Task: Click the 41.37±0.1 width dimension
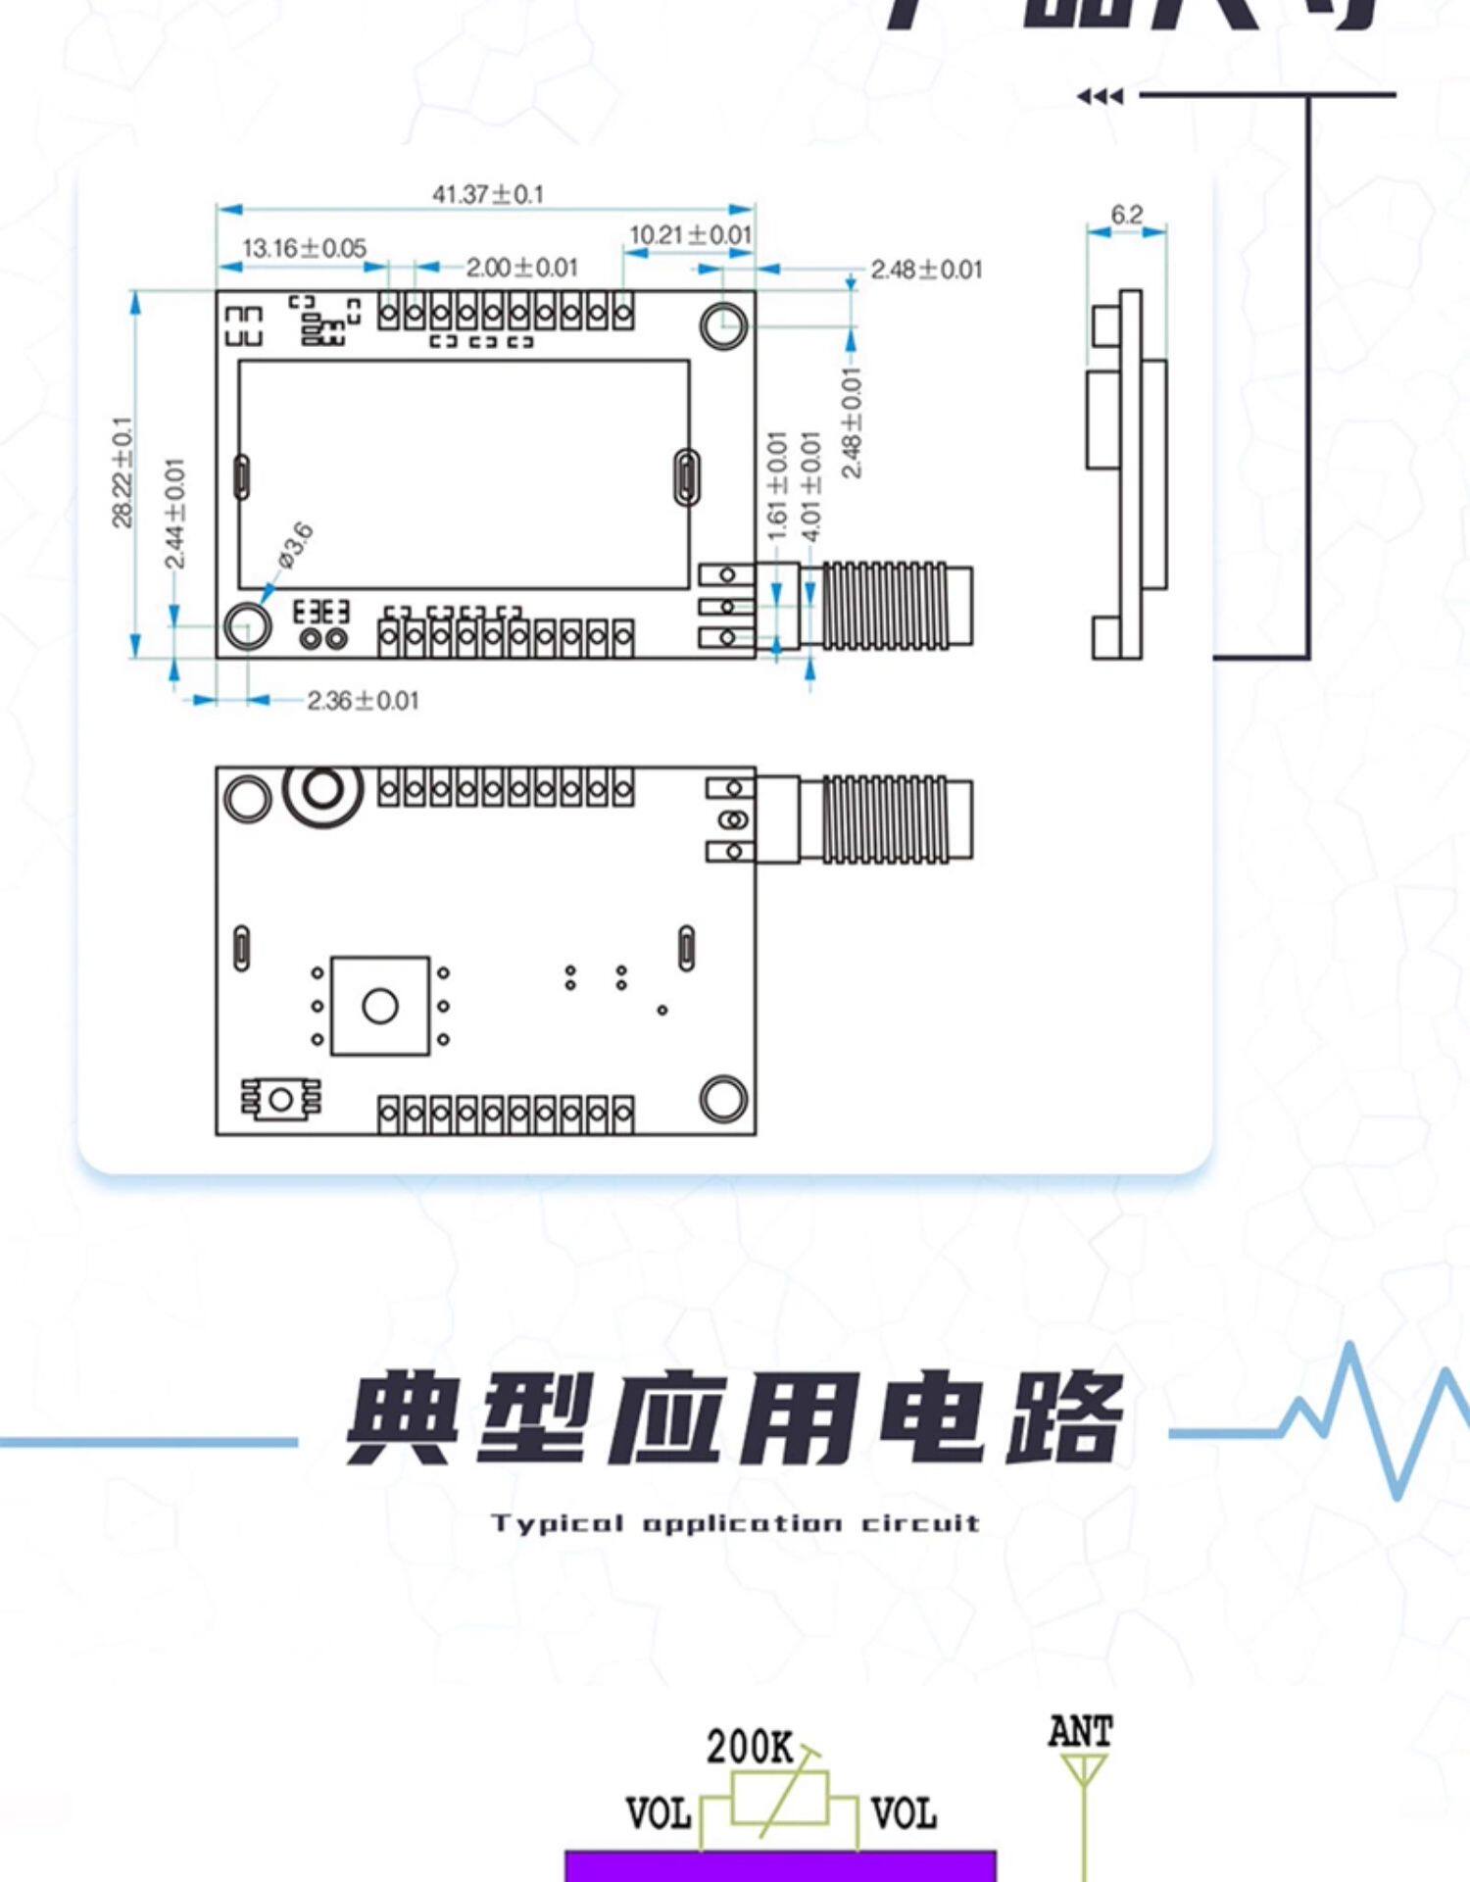(x=487, y=194)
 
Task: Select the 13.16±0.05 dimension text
(x=304, y=248)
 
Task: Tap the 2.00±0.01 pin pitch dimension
(x=521, y=268)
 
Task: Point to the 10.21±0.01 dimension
(x=690, y=235)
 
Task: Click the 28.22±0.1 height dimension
(x=122, y=472)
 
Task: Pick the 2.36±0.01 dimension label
(x=363, y=701)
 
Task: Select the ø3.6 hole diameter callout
(x=295, y=546)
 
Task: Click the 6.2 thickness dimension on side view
(x=1126, y=215)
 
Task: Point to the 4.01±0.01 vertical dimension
(x=811, y=486)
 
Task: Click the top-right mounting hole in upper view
(x=724, y=324)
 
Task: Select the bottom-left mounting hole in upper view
(x=248, y=626)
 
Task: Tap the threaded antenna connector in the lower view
(x=887, y=819)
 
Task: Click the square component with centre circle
(x=380, y=1006)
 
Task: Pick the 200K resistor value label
(x=750, y=1747)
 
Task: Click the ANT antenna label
(x=1080, y=1732)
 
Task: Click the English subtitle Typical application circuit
(x=735, y=1523)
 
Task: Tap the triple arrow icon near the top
(x=1100, y=96)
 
